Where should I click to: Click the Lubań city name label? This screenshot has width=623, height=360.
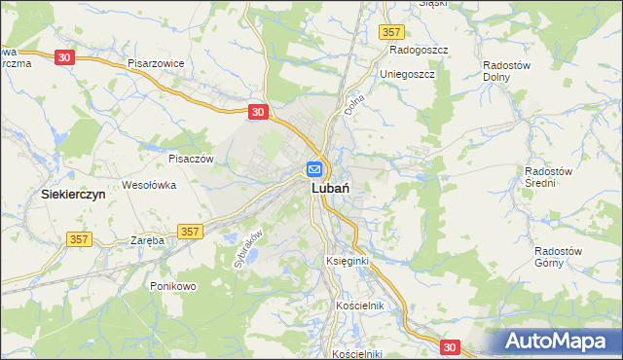tap(331, 190)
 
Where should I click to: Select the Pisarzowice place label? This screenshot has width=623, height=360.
tap(156, 63)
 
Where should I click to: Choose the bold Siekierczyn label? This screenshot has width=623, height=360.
tap(72, 195)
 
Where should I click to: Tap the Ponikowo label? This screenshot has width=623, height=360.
tap(174, 286)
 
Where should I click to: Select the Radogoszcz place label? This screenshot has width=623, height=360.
tap(418, 48)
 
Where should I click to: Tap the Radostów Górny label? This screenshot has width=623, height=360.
tap(558, 257)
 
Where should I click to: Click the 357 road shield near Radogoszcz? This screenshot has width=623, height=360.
tap(390, 32)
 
